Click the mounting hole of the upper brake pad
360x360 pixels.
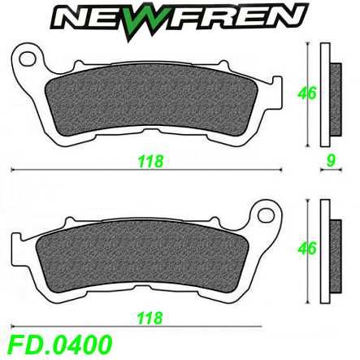click(28, 59)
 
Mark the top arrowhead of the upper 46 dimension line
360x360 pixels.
click(309, 45)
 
